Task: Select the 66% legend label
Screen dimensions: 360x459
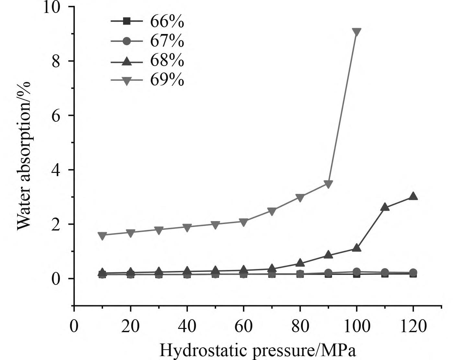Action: (167, 22)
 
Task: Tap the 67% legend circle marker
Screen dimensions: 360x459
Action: (127, 41)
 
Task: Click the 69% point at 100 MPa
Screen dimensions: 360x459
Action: (357, 32)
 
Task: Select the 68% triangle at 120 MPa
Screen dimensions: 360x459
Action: (413, 196)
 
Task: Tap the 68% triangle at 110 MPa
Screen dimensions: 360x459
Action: (385, 207)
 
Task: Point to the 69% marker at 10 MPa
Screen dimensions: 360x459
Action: (102, 236)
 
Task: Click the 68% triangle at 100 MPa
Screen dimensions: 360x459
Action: (357, 248)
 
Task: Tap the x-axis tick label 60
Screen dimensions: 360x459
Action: (244, 326)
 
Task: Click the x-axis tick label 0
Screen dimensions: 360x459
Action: (74, 326)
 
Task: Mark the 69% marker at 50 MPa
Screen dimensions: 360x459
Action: (215, 225)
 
